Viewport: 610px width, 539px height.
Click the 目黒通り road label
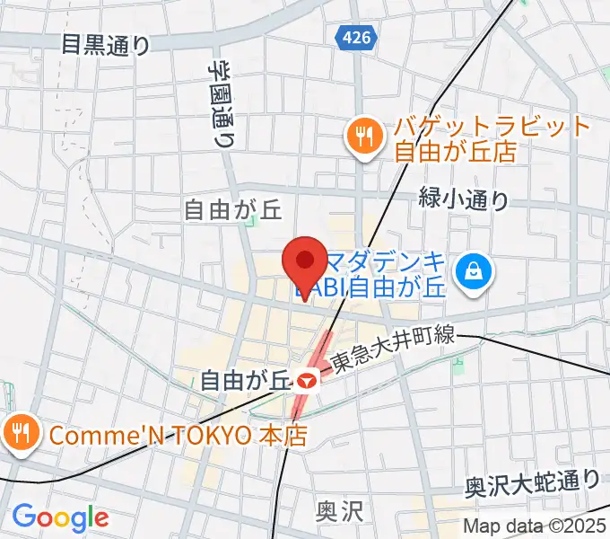[x=105, y=44]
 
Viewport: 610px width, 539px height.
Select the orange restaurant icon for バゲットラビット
[x=363, y=137]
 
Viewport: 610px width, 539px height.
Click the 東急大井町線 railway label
[x=393, y=350]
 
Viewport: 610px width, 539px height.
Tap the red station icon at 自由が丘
[x=307, y=381]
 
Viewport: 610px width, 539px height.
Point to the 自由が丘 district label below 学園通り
[x=232, y=210]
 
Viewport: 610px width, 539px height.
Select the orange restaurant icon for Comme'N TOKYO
[x=20, y=435]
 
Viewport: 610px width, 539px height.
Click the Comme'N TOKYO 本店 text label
[x=179, y=436]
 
